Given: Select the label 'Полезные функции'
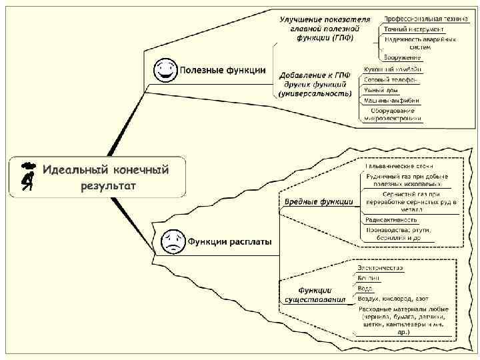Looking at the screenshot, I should pyautogui.click(x=223, y=70).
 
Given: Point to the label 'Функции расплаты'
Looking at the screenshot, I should pyautogui.click(x=229, y=241).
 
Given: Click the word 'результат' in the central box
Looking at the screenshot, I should pyautogui.click(x=109, y=186).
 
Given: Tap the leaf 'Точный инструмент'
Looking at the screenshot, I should pyautogui.click(x=413, y=30).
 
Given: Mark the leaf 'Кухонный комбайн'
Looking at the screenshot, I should pyautogui.click(x=392, y=69).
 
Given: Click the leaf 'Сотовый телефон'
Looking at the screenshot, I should pyautogui.click(x=391, y=79).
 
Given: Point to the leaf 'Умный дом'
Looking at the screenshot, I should pyautogui.click(x=381, y=89).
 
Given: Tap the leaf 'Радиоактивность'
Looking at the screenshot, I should pyautogui.click(x=391, y=219).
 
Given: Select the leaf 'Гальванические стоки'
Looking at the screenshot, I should pyautogui.click(x=399, y=165).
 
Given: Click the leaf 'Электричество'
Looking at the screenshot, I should pyautogui.click(x=381, y=268).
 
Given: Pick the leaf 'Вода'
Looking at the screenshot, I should pyautogui.click(x=365, y=288).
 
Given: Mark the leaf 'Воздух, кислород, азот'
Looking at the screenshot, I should pyautogui.click(x=394, y=299).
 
